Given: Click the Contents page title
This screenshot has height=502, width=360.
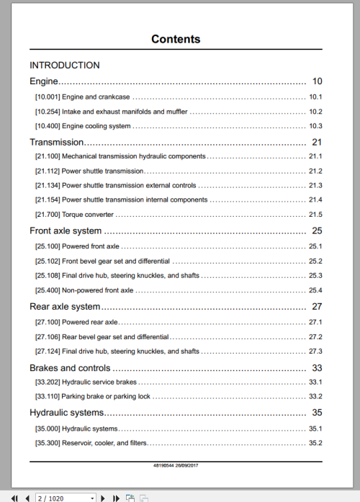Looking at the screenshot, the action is (x=176, y=39).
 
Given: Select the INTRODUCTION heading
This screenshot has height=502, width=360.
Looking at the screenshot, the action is (x=64, y=65).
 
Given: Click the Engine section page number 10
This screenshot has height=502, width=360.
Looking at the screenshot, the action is (x=317, y=81).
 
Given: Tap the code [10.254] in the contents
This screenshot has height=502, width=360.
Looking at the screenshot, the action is (x=47, y=112).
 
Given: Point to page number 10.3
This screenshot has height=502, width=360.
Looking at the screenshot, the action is (x=315, y=127).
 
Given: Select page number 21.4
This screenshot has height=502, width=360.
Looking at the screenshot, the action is (x=315, y=200).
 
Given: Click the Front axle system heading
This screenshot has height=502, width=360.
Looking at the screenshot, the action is (x=65, y=231).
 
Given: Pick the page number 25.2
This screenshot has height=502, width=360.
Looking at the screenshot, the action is (x=315, y=261).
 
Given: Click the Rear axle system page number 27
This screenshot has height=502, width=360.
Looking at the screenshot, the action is (x=317, y=307).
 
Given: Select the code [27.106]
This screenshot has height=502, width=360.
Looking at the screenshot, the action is (x=47, y=336).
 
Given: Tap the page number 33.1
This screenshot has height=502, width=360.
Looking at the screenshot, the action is (x=315, y=382).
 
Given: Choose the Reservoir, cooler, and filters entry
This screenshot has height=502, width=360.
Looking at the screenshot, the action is (x=104, y=443).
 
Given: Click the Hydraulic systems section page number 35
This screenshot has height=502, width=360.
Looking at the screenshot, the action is (x=317, y=413).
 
